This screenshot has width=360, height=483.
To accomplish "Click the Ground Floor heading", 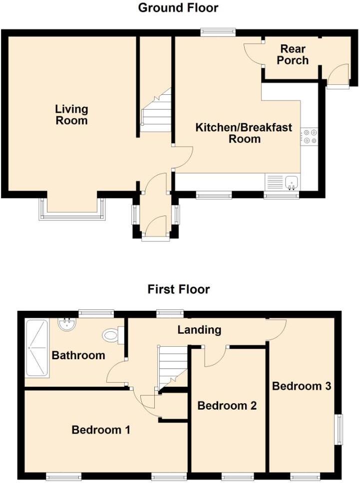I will coord(178,8).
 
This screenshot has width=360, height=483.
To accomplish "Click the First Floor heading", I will coord(178,289).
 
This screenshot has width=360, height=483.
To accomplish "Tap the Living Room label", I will coord(71,115).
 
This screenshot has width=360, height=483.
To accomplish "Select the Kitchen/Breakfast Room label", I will coord(244,133).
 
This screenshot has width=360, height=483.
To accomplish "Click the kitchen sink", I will coord(290,183).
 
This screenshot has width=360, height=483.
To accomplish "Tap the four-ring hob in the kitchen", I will coord(309,136).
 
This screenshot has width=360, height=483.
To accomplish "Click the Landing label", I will coord(200,330).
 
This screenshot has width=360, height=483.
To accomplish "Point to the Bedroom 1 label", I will coord(101,430).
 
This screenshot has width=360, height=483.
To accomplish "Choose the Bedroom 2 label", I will coord(227,406).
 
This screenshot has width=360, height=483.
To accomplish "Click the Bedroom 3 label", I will coord(302,386).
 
